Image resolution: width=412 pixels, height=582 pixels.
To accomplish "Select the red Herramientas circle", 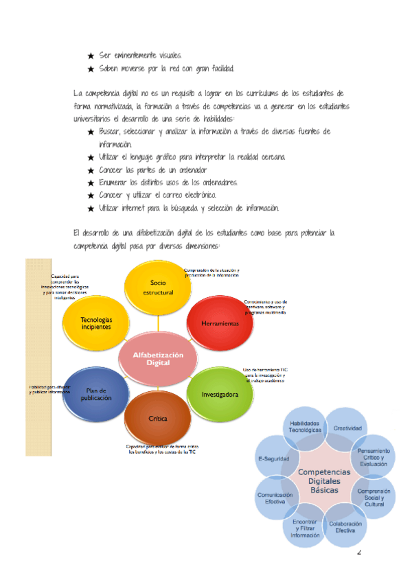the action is pyautogui.click(x=220, y=323).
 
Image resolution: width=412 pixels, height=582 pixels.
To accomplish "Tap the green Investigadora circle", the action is pyautogui.click(x=220, y=394).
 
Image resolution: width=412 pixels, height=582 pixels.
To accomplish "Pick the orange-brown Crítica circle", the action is pyautogui.click(x=158, y=419).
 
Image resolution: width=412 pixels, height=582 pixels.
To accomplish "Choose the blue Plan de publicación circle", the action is pyautogui.click(x=96, y=394).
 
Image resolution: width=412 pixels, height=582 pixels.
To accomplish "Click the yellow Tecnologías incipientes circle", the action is pyautogui.click(x=96, y=323).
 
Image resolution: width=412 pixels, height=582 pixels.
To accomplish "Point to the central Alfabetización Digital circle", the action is pyautogui.click(x=158, y=358).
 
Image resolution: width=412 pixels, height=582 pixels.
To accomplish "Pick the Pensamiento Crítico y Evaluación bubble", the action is pyautogui.click(x=373, y=455).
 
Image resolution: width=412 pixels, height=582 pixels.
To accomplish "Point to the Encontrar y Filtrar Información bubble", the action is pyautogui.click(x=305, y=528).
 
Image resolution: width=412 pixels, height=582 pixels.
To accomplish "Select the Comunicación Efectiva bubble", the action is pyautogui.click(x=275, y=497).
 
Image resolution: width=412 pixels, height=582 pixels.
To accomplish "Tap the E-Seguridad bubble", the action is pyautogui.click(x=274, y=458).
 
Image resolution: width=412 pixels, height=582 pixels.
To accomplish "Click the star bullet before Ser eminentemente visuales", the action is pyautogui.click(x=91, y=55).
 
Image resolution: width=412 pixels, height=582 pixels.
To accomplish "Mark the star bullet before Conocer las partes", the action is pyautogui.click(x=91, y=170).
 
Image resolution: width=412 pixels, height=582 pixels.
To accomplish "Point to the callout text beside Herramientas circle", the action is pyautogui.click(x=266, y=306).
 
